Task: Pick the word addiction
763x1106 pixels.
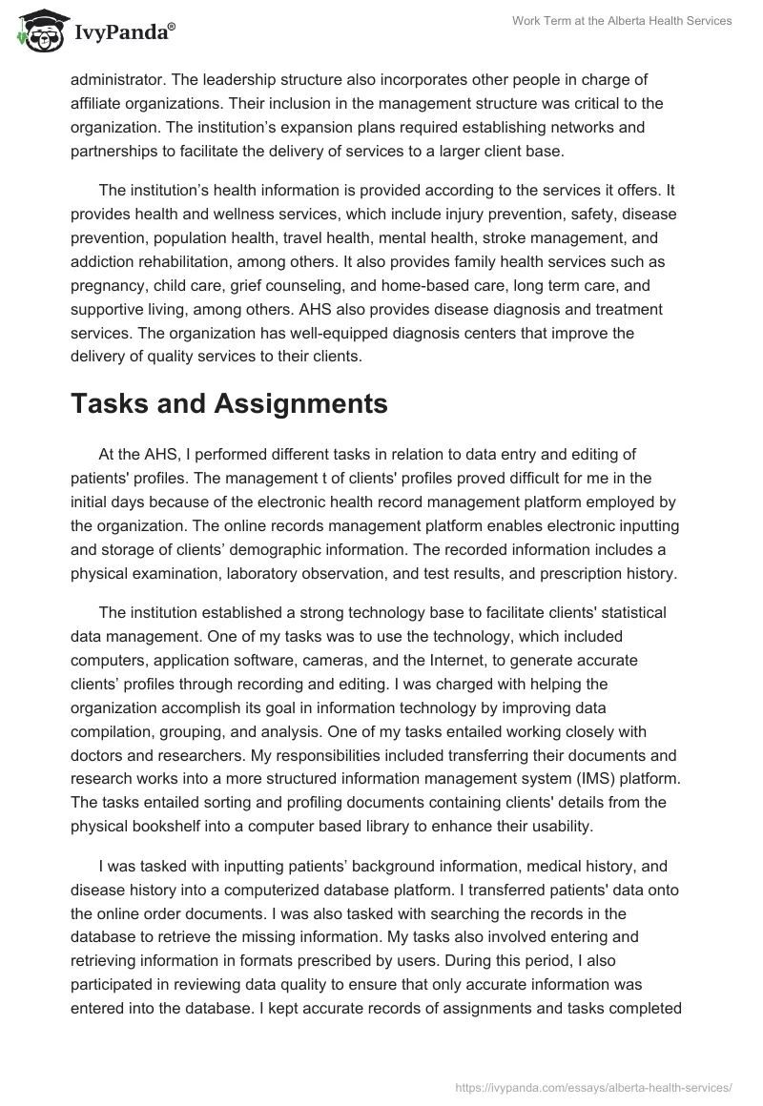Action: [107, 261]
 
